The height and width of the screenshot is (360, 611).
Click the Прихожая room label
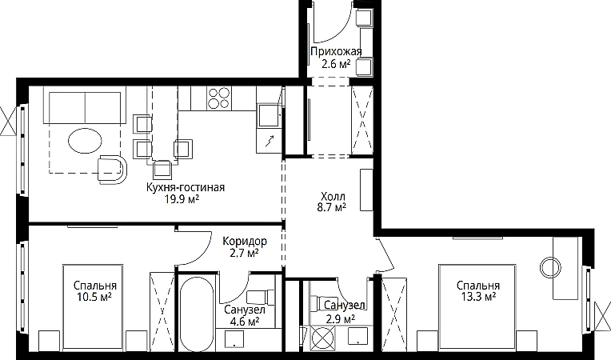pyautogui.click(x=336, y=51)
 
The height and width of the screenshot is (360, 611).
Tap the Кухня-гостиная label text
pyautogui.click(x=186, y=187)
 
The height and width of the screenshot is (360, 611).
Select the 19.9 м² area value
pyautogui.click(x=182, y=199)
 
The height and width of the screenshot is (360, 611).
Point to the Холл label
pyautogui.click(x=333, y=196)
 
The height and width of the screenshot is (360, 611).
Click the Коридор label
pyautogui.click(x=245, y=241)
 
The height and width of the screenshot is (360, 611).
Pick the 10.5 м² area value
pyautogui.click(x=94, y=298)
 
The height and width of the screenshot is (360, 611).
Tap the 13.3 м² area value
pyautogui.click(x=478, y=298)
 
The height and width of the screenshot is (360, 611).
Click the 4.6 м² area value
pyautogui.click(x=245, y=322)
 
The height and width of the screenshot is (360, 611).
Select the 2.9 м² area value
pyautogui.click(x=340, y=319)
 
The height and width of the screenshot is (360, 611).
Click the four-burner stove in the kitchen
pyautogui.click(x=218, y=98)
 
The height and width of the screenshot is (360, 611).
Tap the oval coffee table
pyautogui.click(x=85, y=140)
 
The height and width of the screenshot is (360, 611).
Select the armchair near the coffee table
pyautogui.click(x=112, y=169)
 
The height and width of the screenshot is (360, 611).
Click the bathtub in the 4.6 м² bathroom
pyautogui.click(x=197, y=314)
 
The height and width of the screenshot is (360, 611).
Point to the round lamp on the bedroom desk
pyautogui.click(x=550, y=267)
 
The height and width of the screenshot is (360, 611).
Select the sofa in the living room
pyautogui.click(x=85, y=108)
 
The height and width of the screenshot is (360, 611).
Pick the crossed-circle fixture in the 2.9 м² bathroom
pyautogui.click(x=323, y=337)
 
